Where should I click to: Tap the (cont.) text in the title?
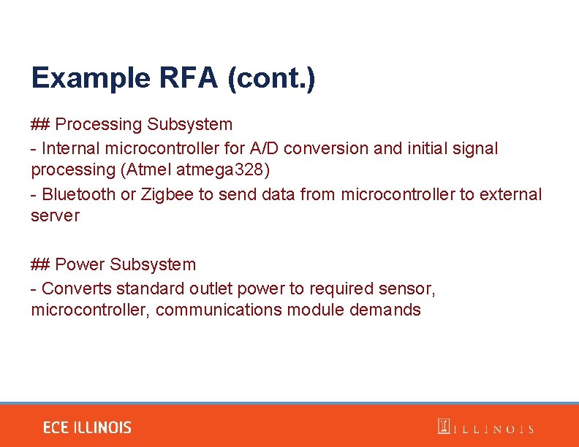[271, 78]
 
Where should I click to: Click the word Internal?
[71, 148]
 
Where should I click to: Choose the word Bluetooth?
[79, 194]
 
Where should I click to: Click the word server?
[55, 216]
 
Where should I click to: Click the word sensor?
[410, 288]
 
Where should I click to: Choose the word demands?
[385, 310]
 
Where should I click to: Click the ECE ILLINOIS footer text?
[87, 428]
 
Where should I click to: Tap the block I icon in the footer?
[443, 427]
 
